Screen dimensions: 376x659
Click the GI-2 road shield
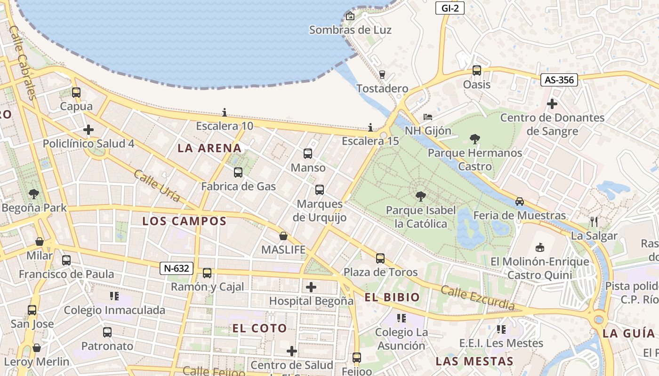(450, 8)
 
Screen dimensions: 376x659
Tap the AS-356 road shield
(559, 80)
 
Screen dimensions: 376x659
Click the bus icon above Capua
(76, 93)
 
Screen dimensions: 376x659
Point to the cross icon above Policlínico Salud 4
(88, 130)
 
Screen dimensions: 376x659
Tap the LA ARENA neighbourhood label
(209, 149)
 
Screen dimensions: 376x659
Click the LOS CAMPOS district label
(185, 221)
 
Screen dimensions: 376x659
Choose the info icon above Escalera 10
(225, 112)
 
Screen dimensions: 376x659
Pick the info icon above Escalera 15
(370, 127)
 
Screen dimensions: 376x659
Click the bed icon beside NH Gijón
(428, 117)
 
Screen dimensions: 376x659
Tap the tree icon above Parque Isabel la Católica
(420, 196)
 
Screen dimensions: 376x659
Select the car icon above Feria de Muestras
(520, 201)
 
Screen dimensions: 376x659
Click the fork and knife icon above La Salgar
(594, 221)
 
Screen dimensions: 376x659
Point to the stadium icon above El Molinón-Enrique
(539, 247)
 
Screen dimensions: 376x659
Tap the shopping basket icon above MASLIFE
(283, 235)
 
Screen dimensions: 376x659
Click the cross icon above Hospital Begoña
(311, 287)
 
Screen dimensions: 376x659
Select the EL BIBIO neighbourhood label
(392, 297)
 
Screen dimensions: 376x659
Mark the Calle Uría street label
(157, 186)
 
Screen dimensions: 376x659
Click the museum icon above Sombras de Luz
(350, 16)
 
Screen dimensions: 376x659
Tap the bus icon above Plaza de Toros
(380, 258)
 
